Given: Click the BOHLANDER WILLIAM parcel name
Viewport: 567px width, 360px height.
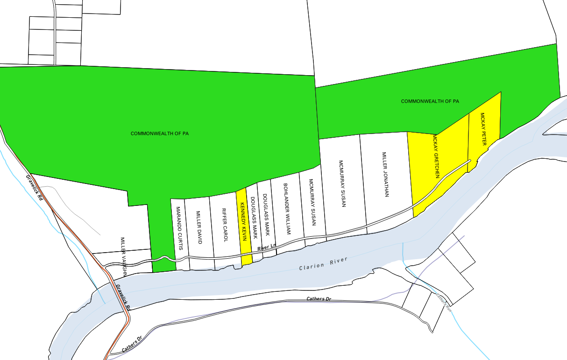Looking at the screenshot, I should coord(288,209).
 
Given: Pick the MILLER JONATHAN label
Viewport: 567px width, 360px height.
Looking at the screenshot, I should coord(385,175).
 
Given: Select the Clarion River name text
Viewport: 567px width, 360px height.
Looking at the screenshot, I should coord(323,263).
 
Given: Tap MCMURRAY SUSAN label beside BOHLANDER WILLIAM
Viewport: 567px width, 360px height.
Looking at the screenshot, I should coord(312,202).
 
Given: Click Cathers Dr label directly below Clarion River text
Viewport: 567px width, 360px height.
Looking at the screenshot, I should coord(319,299).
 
